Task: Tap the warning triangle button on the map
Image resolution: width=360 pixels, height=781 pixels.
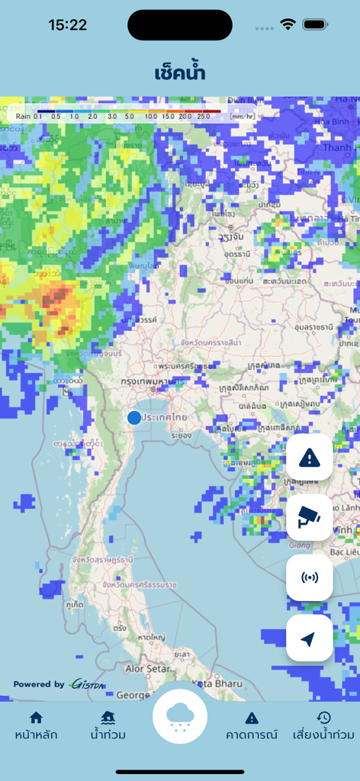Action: point(309,458)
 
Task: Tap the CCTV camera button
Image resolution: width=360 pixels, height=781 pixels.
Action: point(309,518)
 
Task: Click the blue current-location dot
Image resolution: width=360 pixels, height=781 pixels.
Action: point(134,417)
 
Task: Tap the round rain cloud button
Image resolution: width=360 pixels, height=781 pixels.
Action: point(180,716)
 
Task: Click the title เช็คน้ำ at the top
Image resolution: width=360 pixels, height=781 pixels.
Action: point(180,72)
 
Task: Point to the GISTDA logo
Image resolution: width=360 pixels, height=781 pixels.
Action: point(88,684)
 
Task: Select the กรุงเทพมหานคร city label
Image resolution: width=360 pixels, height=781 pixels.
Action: point(149,381)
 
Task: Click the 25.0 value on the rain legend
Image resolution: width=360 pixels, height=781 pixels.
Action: point(204,117)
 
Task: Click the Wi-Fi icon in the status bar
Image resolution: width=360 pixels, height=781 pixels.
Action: point(288,24)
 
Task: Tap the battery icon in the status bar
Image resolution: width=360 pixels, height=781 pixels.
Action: point(315,24)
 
